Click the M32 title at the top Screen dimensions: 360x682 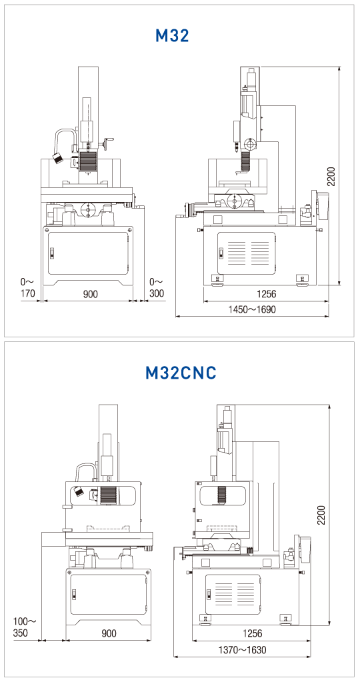[172, 35]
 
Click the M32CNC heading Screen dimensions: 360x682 [181, 373]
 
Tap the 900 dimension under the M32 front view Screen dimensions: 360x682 [90, 294]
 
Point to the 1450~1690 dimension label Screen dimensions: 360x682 [252, 309]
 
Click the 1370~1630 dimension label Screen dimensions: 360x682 [242, 650]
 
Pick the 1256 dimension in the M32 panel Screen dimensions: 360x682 [266, 294]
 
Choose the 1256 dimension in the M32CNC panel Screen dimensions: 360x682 [252, 633]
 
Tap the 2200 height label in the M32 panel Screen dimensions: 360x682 [331, 176]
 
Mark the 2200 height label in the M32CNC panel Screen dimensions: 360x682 [321, 515]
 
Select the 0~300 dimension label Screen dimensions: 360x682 [157, 287]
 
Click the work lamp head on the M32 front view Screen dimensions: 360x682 [58, 158]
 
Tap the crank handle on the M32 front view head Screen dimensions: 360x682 [107, 142]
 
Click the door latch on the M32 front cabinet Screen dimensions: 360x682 [51, 253]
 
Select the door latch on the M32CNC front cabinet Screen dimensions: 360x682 [73, 593]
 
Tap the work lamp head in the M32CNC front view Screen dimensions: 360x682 [79, 491]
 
